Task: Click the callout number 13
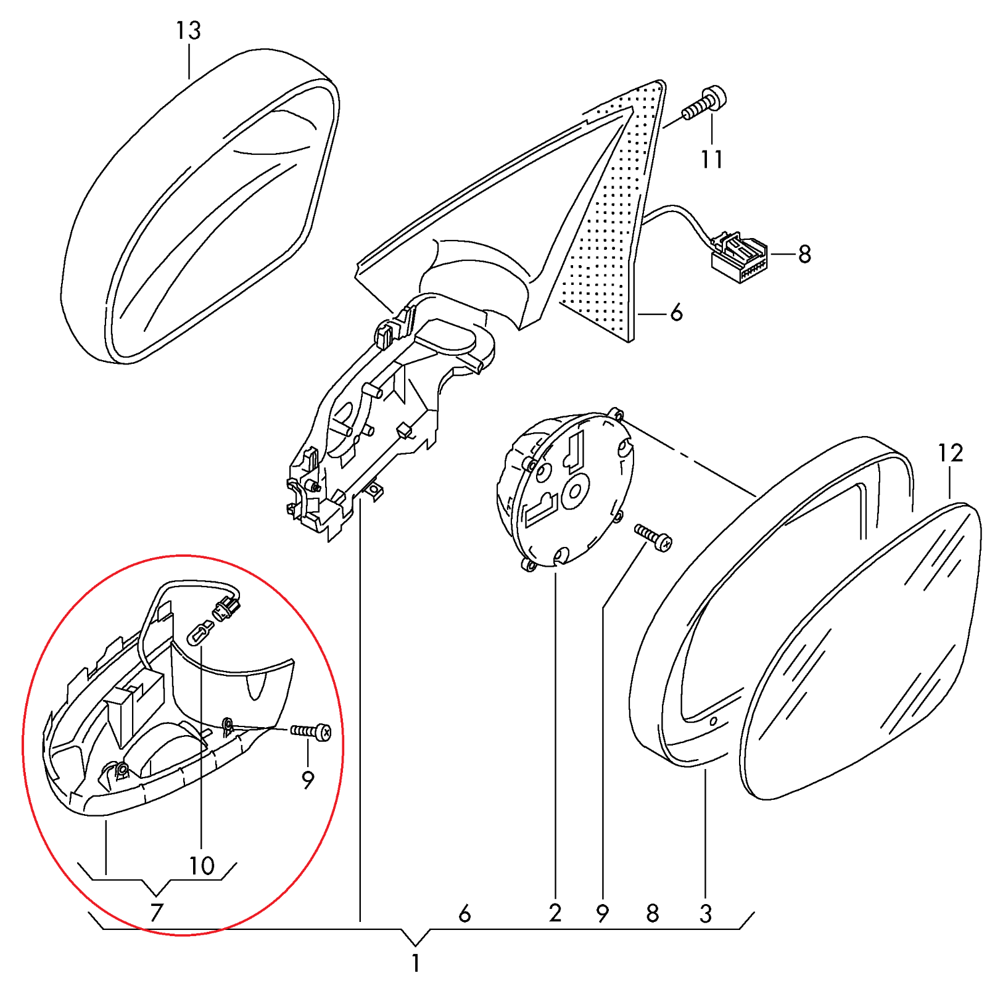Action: (188, 30)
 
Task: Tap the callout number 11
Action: (711, 160)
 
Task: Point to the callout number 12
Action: (950, 453)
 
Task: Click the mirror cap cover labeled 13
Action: (197, 204)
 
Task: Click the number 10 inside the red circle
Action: (202, 866)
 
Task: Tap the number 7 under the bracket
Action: (157, 912)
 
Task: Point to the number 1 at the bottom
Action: (416, 963)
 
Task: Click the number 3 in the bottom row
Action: (706, 913)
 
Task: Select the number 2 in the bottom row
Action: (555, 913)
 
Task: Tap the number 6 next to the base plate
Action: (677, 313)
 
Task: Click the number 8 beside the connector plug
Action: (804, 254)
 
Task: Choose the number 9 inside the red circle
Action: (308, 780)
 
